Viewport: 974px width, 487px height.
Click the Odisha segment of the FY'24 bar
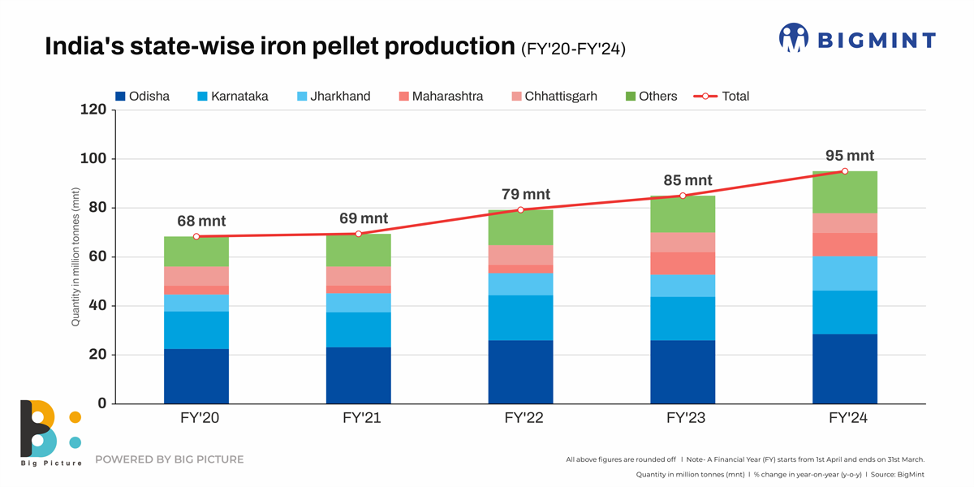click(844, 368)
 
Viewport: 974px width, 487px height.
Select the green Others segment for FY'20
click(196, 252)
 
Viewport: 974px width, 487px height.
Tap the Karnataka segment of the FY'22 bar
click(520, 317)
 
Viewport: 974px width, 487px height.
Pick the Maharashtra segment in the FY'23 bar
click(683, 263)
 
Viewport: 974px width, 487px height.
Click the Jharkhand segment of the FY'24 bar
click(844, 273)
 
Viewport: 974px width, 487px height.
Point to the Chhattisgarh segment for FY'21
click(358, 276)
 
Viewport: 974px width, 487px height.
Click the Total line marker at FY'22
click(520, 210)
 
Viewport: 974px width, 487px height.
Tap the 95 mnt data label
click(849, 156)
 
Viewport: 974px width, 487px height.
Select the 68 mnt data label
click(201, 221)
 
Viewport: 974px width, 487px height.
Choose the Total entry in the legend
click(722, 96)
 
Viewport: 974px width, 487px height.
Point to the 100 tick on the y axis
click(93, 159)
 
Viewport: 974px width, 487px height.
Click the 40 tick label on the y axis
click(97, 306)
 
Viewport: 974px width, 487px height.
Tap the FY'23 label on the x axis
click(683, 419)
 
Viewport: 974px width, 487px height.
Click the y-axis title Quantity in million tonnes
click(75, 256)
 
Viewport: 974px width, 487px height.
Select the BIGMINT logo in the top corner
click(857, 39)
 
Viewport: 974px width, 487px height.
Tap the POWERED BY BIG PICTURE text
click(169, 459)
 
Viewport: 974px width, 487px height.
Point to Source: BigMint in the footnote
click(899, 474)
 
